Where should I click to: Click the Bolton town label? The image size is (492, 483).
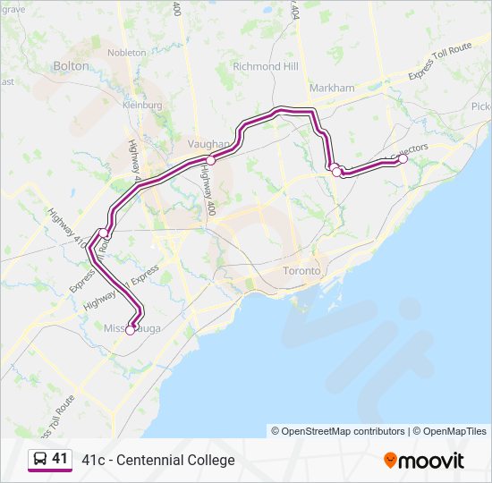tap(72, 65)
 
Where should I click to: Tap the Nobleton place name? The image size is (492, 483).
tap(126, 53)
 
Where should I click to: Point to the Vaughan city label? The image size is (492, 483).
tap(209, 143)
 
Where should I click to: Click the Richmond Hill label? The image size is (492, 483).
tap(265, 66)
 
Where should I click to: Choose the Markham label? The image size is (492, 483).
tap(332, 88)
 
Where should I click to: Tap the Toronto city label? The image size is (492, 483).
tap(301, 270)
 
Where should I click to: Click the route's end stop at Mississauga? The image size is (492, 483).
tap(130, 330)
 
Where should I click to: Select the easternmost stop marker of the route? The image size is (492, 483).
tap(403, 159)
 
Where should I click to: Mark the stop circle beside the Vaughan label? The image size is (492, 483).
tap(211, 160)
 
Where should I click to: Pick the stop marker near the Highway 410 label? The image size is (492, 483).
tap(105, 233)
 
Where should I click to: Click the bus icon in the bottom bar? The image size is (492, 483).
tap(40, 459)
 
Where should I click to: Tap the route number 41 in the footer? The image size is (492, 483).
tap(60, 459)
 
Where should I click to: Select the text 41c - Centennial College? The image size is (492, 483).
tap(158, 460)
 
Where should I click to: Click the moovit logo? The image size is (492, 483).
tap(424, 460)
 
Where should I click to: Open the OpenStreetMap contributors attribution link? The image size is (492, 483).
tap(338, 431)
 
